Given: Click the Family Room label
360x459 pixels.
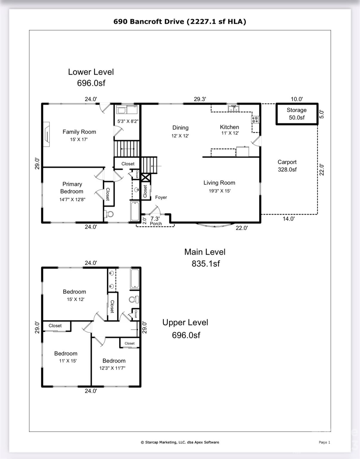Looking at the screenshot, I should coord(79,132).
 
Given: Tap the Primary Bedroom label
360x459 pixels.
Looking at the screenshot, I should coord(72,188).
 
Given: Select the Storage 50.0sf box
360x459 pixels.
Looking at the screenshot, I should coord(296,114).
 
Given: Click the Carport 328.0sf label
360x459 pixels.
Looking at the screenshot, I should coord(287,166).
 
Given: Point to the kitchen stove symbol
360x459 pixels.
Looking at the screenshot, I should coord(255,120).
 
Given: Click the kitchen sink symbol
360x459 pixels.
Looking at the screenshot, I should coord(233,108).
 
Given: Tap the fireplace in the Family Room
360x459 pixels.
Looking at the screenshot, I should coord(46,134).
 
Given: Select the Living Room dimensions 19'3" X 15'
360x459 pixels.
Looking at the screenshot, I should coord(219,191).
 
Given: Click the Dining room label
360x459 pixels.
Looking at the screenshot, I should coord(180,128).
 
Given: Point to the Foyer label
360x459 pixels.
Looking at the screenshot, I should coord(161,197).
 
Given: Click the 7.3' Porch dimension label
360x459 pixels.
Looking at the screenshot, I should coord(155,219).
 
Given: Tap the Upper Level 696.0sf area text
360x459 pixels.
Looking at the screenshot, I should coord(185,329).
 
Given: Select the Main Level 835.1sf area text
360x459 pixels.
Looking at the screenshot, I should coord(205,258).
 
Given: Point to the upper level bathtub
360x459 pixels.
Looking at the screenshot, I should coord(135,279).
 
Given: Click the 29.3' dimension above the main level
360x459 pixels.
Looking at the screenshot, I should coord(200,99).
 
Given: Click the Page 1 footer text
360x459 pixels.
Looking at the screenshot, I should coord(324,442).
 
